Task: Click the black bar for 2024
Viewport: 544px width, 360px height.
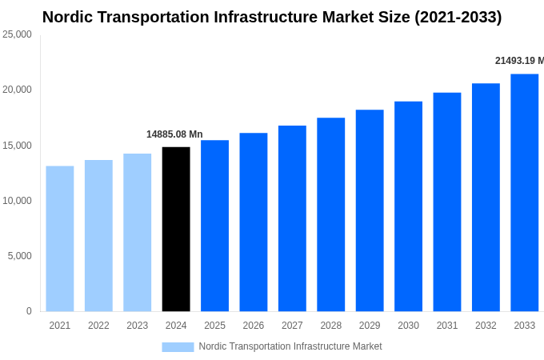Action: pyautogui.click(x=176, y=229)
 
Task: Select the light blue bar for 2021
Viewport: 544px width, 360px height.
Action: pyautogui.click(x=60, y=238)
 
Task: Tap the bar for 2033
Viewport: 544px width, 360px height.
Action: pyautogui.click(x=524, y=192)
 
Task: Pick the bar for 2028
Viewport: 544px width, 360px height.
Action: pyautogui.click(x=330, y=214)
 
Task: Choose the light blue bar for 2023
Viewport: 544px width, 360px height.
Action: pyautogui.click(x=137, y=232)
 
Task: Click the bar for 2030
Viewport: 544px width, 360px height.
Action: pyautogui.click(x=408, y=206)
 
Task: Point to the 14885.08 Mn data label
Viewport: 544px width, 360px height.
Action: pyautogui.click(x=174, y=134)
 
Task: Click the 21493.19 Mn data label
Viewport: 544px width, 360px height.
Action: pyautogui.click(x=519, y=61)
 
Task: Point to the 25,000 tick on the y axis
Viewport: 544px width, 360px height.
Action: pyautogui.click(x=17, y=34)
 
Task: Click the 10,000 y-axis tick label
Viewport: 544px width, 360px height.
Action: pyautogui.click(x=17, y=201)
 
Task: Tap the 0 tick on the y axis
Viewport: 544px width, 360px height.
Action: pyautogui.click(x=29, y=311)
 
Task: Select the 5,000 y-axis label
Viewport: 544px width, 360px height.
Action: pyautogui.click(x=19, y=256)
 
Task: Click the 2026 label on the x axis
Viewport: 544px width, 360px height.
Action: pyautogui.click(x=254, y=326)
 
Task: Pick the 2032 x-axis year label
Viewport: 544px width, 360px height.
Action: pyautogui.click(x=486, y=326)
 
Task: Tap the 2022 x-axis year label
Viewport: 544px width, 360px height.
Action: pyautogui.click(x=98, y=326)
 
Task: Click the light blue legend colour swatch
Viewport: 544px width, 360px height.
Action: pyautogui.click(x=178, y=346)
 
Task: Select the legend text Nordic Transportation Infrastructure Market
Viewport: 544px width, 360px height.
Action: pyautogui.click(x=290, y=346)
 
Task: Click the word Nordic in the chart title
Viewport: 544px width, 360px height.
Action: pyautogui.click(x=70, y=17)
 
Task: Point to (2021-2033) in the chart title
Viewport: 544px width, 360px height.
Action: pyautogui.click(x=458, y=17)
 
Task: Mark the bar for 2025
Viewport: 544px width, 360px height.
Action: pyautogui.click(x=214, y=226)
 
